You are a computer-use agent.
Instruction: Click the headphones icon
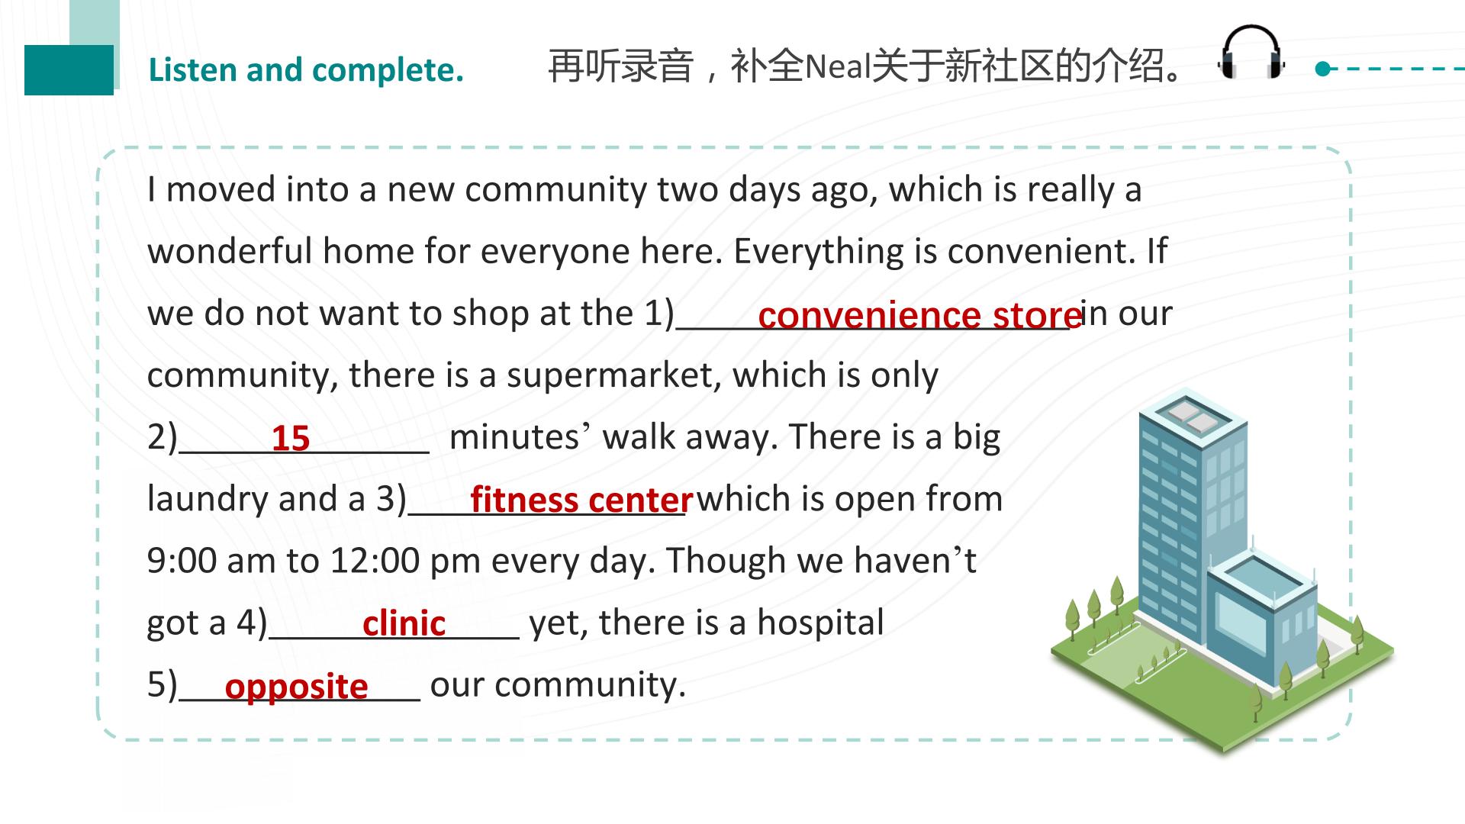(1251, 52)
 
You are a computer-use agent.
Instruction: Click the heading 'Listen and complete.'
(306, 70)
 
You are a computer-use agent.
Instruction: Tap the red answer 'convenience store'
(919, 314)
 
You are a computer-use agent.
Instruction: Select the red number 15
(291, 438)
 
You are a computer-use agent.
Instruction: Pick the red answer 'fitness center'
(581, 500)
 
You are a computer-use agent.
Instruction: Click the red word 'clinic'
(404, 623)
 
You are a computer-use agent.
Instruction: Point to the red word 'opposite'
(297, 687)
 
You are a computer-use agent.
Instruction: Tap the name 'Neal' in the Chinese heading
(839, 66)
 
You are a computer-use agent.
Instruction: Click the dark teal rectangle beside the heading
(69, 69)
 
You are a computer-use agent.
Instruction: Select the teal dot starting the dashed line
(1323, 69)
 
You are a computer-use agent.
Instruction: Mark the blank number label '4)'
(252, 623)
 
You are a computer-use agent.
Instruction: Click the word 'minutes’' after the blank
(520, 437)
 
